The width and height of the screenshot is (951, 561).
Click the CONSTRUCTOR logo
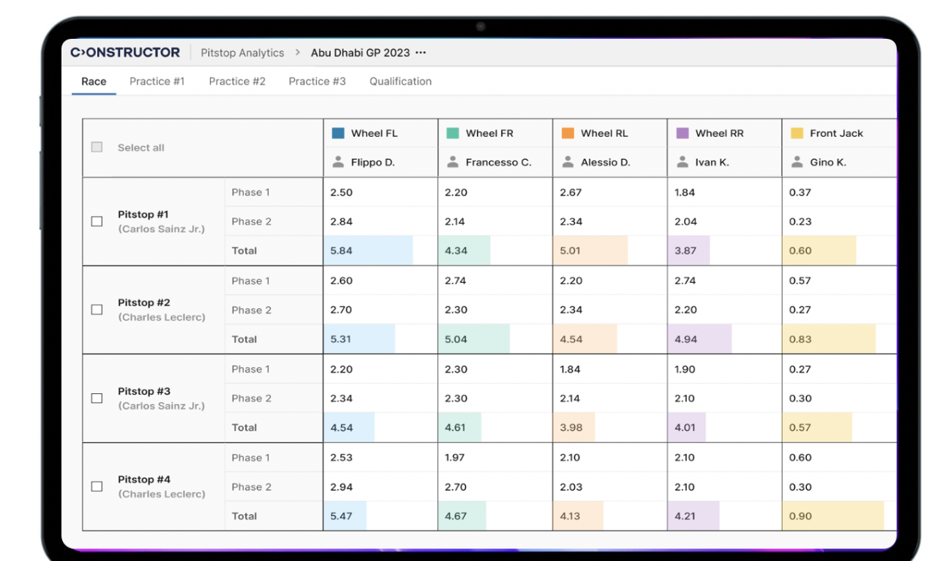pos(125,53)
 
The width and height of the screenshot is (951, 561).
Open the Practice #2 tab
pos(237,81)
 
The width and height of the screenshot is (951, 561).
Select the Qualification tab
pos(400,81)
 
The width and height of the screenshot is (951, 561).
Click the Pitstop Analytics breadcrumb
pos(242,53)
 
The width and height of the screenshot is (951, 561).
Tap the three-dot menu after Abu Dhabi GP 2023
pos(421,53)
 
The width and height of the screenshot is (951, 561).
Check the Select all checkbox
pos(97,147)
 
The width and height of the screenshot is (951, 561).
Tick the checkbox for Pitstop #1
pos(97,221)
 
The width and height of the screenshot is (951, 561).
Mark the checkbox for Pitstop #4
pos(97,486)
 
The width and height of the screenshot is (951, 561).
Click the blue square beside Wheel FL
pos(338,133)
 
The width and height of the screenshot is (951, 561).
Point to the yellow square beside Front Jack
pos(797,133)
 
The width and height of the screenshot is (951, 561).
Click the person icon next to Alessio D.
pos(568,162)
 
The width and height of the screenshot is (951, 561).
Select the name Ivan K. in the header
pos(712,163)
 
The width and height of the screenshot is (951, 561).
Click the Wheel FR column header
pos(489,133)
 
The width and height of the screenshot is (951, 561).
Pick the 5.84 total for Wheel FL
pos(342,250)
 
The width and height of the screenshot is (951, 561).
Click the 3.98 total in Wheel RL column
pos(571,428)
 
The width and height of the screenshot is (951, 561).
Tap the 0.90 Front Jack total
pos(800,516)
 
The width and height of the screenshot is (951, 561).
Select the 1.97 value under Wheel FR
pos(455,458)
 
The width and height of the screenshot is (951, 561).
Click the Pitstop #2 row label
pos(144,302)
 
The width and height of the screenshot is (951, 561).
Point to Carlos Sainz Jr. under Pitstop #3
pos(162,406)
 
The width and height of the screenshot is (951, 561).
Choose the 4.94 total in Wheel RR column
pos(685,339)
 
